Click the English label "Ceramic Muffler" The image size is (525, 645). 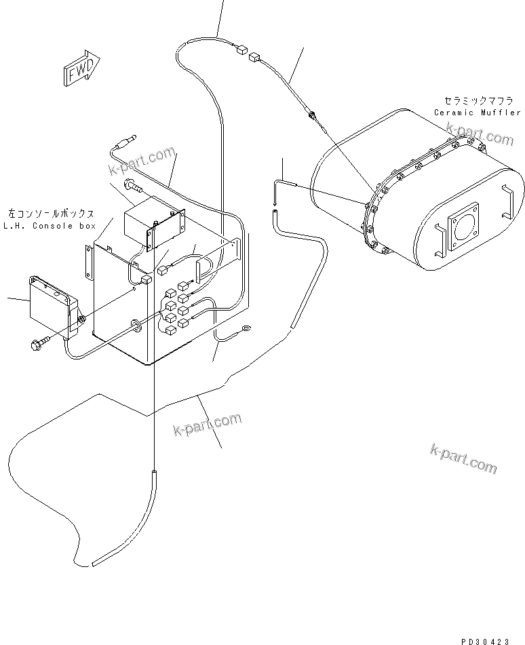478,113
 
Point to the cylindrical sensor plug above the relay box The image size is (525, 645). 123,143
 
